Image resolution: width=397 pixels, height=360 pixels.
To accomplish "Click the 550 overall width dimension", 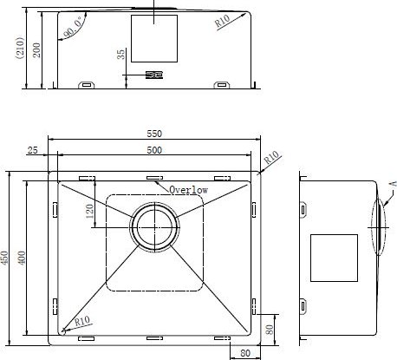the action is pyautogui.click(x=154, y=134).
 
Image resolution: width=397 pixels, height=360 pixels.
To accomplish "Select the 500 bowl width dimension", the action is pyautogui.click(x=154, y=150).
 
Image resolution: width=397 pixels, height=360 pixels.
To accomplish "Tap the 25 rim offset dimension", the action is pyautogui.click(x=32, y=150).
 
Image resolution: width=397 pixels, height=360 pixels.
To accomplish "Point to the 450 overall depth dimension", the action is pyautogui.click(x=4, y=258).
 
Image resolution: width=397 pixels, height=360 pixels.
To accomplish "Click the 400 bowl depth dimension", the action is pyautogui.click(x=22, y=258).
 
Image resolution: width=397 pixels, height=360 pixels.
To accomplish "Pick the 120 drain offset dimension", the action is pyautogui.click(x=90, y=211).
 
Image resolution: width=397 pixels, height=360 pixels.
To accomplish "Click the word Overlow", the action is pyautogui.click(x=188, y=190).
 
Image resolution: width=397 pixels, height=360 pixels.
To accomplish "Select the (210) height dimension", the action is pyautogui.click(x=20, y=48).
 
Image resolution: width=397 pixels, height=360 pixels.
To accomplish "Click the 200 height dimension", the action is pyautogui.click(x=36, y=50).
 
